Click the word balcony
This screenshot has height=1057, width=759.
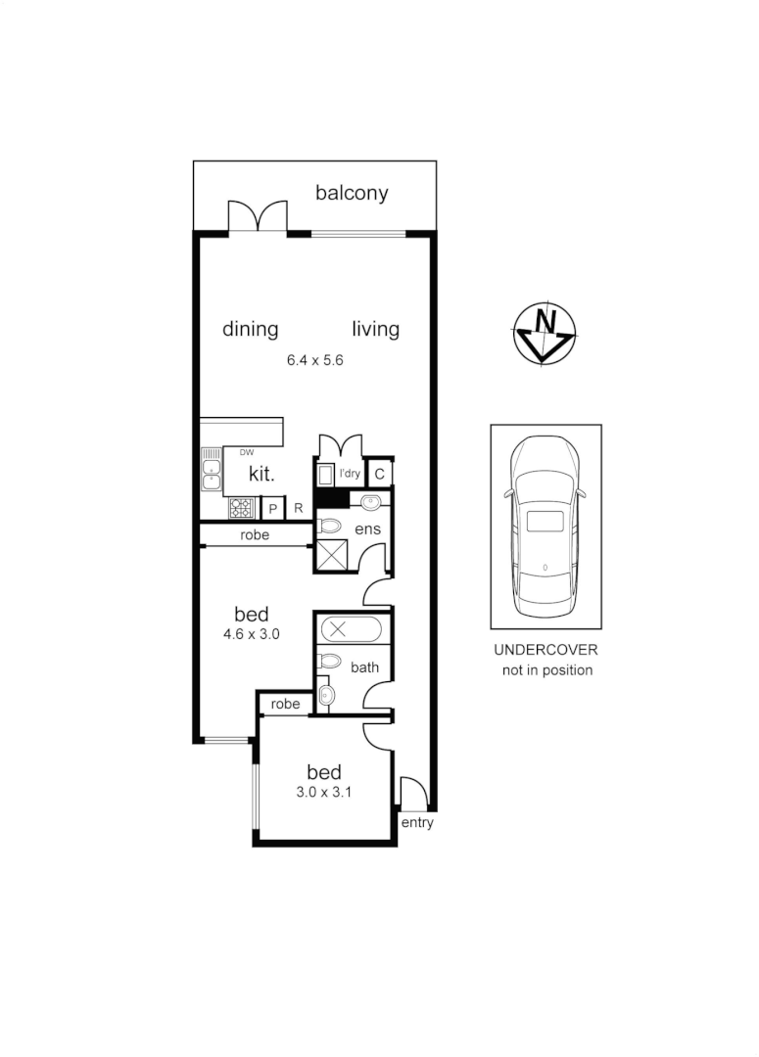pyautogui.click(x=352, y=193)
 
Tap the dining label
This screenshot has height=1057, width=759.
pyautogui.click(x=251, y=329)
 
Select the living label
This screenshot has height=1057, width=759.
pyautogui.click(x=376, y=329)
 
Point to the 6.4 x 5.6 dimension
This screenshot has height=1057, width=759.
pyautogui.click(x=314, y=360)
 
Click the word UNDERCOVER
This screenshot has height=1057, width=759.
pyautogui.click(x=546, y=650)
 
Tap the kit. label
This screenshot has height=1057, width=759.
pyautogui.click(x=261, y=474)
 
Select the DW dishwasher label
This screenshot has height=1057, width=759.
pyautogui.click(x=246, y=452)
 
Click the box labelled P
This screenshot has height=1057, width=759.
pyautogui.click(x=273, y=509)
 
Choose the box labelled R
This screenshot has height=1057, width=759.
pyautogui.click(x=299, y=509)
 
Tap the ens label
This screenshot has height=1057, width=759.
pyautogui.click(x=367, y=529)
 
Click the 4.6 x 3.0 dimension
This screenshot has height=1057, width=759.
pyautogui.click(x=252, y=633)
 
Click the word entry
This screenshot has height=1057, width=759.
pyautogui.click(x=417, y=823)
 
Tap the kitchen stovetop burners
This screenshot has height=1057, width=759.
pyautogui.click(x=241, y=509)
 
